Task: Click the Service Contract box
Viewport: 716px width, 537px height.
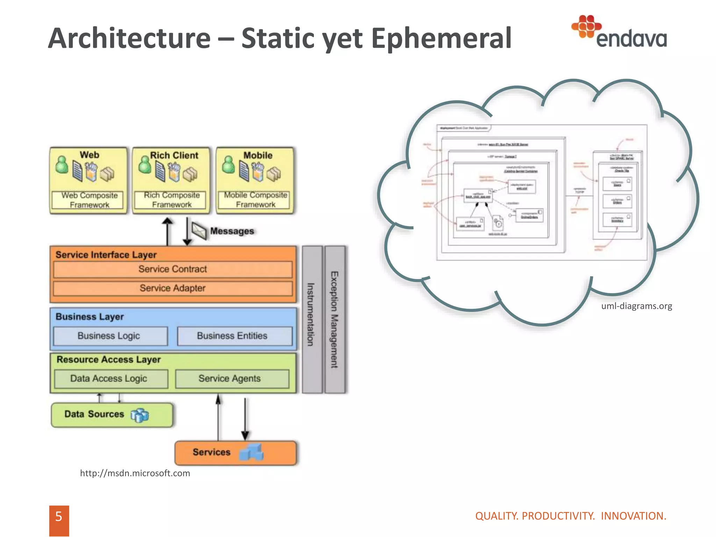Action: [173, 269]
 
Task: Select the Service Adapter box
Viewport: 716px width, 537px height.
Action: [173, 288]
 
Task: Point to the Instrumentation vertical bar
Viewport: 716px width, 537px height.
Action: [312, 319]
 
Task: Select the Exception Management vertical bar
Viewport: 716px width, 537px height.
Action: [335, 319]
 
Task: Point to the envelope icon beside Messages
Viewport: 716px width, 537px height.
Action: [199, 231]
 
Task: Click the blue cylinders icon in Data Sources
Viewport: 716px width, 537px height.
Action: [140, 415]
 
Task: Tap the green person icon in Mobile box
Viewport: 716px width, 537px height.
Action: [229, 165]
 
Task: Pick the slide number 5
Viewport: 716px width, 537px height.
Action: [59, 517]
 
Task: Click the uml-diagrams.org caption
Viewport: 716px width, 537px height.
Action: [636, 306]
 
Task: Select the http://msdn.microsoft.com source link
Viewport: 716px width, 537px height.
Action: [135, 473]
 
